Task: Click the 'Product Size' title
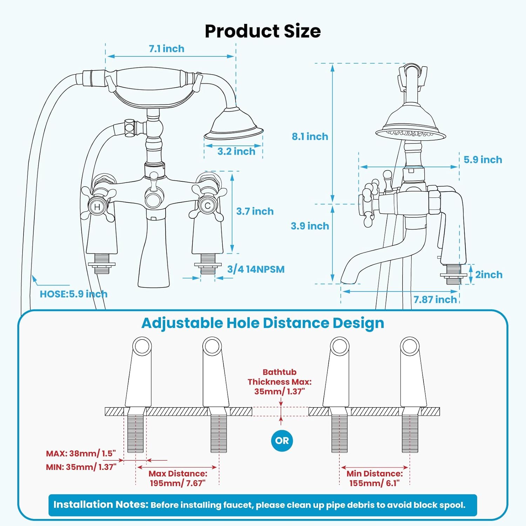(x=263, y=31)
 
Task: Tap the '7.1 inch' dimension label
(x=167, y=49)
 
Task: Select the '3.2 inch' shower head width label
(x=236, y=151)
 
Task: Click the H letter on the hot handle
(x=97, y=207)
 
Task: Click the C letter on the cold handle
(x=208, y=206)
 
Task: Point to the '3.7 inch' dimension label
(x=255, y=211)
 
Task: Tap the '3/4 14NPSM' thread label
(x=256, y=269)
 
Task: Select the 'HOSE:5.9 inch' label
(x=73, y=294)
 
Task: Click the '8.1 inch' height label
(x=310, y=136)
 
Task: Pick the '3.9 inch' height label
(x=310, y=226)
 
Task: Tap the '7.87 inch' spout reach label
(x=435, y=299)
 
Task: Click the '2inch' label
(x=488, y=275)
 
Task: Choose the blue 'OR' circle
(x=282, y=440)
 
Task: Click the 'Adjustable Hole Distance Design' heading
(x=263, y=323)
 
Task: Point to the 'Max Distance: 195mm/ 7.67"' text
(x=178, y=478)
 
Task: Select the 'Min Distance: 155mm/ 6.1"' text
(x=375, y=478)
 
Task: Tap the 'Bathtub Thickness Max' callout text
(x=279, y=382)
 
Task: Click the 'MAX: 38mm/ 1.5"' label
(x=81, y=453)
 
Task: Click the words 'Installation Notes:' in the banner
(x=101, y=505)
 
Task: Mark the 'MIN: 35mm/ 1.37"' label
(x=81, y=467)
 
